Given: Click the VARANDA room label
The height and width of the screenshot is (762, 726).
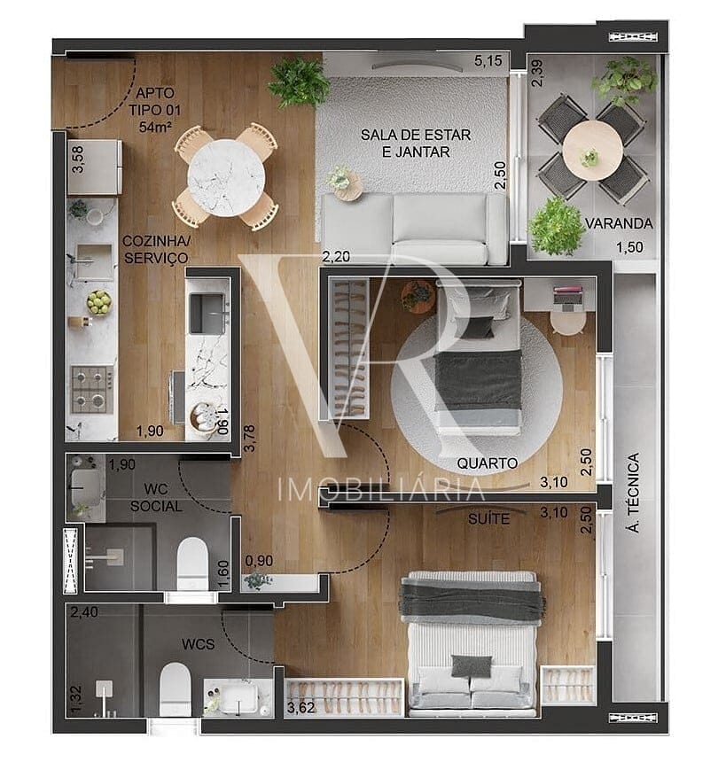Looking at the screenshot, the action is click(619, 223).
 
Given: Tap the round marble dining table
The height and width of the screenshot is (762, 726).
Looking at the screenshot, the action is click(226, 178).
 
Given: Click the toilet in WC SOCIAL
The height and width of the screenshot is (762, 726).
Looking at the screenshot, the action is click(192, 564).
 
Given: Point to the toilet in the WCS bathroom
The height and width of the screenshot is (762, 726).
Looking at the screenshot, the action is click(175, 689).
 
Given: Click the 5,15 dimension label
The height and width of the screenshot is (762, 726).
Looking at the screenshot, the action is click(488, 61).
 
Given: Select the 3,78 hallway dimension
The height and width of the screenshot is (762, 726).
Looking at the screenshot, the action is click(250, 439).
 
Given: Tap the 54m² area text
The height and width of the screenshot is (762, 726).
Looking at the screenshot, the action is click(155, 127).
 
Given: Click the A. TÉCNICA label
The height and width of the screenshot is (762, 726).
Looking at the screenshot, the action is click(634, 493).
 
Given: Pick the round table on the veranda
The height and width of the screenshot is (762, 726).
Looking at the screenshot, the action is click(593, 150).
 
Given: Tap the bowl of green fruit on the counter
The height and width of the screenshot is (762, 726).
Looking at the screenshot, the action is click(99, 302).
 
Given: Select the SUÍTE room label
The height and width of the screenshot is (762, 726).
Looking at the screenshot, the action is click(489, 519).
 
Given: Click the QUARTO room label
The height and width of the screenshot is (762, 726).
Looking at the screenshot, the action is click(488, 463).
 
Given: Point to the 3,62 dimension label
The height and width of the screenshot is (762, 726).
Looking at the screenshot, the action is click(301, 708).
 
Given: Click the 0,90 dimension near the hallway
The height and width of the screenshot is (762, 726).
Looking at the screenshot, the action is click(259, 561).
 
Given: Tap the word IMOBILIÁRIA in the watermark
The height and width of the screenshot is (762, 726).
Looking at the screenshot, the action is click(382, 489).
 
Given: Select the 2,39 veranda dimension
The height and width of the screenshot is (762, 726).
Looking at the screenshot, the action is click(538, 73).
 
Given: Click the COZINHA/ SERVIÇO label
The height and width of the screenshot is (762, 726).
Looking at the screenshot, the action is click(156, 249).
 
